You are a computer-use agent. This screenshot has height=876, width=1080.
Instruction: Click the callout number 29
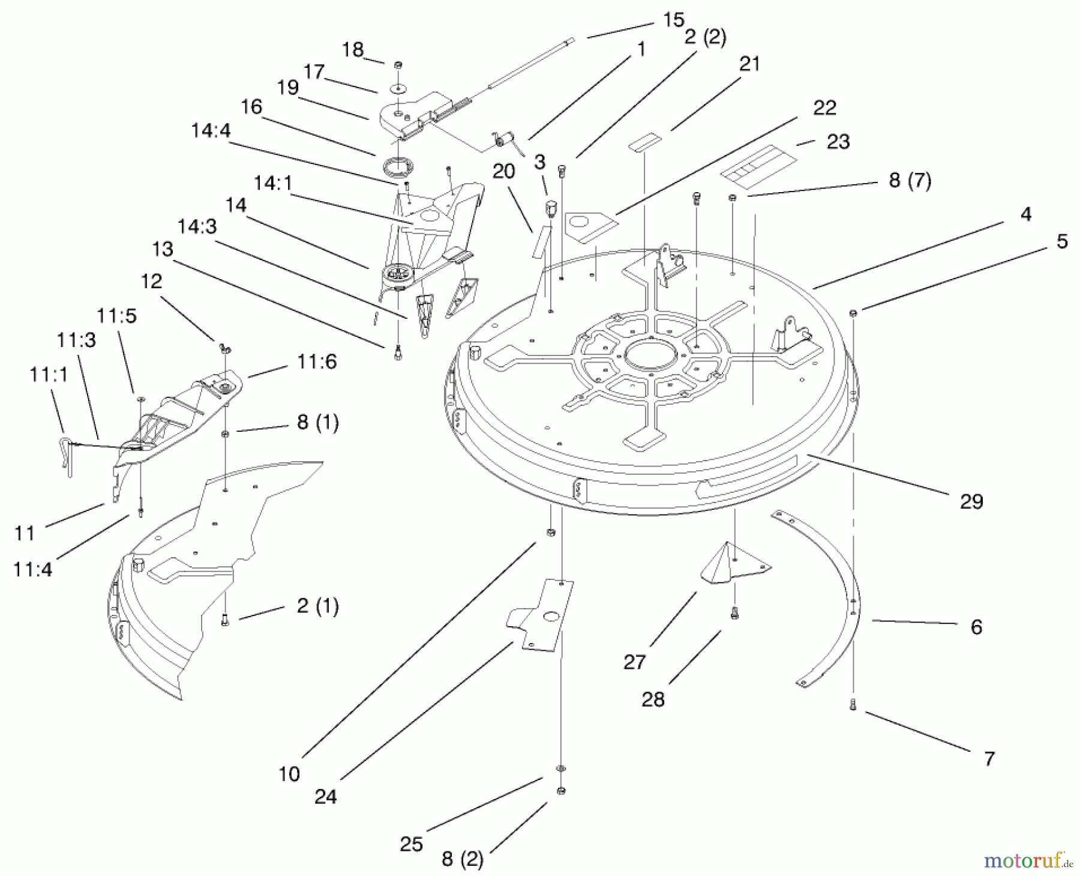[x=971, y=501]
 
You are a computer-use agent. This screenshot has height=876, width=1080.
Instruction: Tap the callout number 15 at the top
[x=673, y=20]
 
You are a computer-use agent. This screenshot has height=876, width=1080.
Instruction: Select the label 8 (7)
[x=910, y=180]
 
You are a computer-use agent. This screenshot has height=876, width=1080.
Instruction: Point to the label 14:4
[x=211, y=130]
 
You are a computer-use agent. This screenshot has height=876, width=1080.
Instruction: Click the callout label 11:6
[x=317, y=361]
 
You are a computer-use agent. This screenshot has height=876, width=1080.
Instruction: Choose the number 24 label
[x=326, y=797]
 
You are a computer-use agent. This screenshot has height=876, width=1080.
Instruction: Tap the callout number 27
[x=635, y=662]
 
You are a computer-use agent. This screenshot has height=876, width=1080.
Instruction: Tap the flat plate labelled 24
[x=542, y=614]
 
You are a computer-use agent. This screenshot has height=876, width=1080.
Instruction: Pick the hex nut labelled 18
[x=398, y=64]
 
